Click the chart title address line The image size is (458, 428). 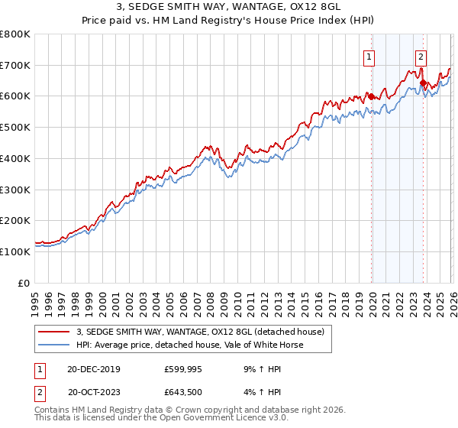pyautogui.click(x=229, y=8)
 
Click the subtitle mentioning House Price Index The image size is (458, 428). pyautogui.click(x=229, y=21)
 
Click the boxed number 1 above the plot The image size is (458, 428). pyautogui.click(x=369, y=56)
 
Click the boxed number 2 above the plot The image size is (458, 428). pyautogui.click(x=421, y=56)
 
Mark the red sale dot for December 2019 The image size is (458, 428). pyautogui.click(x=371, y=96)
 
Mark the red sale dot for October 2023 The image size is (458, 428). pyautogui.click(x=423, y=83)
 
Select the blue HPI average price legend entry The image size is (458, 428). pyautogui.click(x=189, y=345)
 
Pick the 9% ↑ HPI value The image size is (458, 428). pyautogui.click(x=262, y=369)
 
